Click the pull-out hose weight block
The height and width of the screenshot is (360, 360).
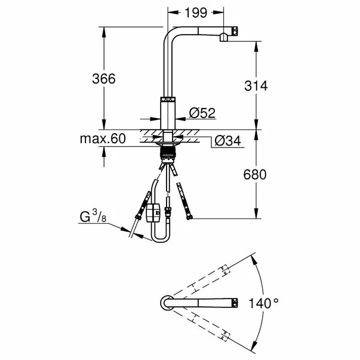(154, 212)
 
